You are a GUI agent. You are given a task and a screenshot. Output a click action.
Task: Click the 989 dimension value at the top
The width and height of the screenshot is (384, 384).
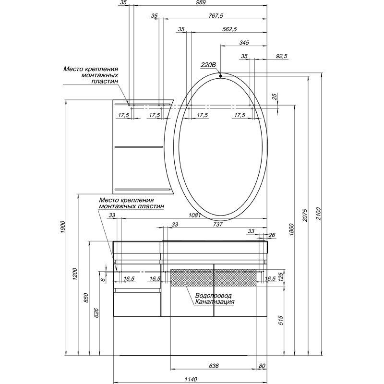(x=201, y=2)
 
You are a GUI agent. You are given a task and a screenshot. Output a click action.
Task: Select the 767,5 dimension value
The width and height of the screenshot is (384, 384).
(x=216, y=16)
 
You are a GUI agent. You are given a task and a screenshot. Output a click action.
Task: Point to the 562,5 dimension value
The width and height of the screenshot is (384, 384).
(x=229, y=29)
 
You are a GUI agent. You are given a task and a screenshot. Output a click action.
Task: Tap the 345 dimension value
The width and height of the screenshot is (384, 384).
(x=244, y=43)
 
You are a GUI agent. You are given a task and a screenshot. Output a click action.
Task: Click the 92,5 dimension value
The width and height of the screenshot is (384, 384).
(x=282, y=56)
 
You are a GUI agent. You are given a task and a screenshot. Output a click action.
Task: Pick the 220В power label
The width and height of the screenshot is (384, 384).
(x=208, y=65)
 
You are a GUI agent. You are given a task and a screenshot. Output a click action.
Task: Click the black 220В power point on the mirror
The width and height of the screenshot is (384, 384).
(x=220, y=76)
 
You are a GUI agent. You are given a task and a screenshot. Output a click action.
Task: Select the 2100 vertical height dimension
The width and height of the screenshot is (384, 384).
(x=318, y=214)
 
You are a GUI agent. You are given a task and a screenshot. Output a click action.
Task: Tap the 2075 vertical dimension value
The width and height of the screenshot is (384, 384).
(x=305, y=215)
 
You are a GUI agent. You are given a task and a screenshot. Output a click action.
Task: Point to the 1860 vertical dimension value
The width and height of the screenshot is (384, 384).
(x=291, y=229)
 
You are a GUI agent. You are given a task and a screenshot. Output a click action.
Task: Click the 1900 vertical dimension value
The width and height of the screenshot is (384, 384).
(x=63, y=227)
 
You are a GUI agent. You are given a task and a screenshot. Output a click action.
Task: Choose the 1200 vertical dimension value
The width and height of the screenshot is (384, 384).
(x=75, y=274)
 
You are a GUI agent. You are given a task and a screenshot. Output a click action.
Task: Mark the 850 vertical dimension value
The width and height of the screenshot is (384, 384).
(x=86, y=298)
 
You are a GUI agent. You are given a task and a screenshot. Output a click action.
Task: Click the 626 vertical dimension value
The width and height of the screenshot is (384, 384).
(x=96, y=313)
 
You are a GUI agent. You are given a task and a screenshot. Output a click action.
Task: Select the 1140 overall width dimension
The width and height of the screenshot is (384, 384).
(x=191, y=379)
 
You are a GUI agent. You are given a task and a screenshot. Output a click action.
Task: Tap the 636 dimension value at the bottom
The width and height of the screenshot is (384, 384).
(x=214, y=366)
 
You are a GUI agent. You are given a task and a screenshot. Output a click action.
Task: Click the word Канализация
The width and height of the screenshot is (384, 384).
(x=215, y=302)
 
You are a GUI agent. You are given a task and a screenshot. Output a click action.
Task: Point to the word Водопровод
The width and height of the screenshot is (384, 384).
(x=213, y=296)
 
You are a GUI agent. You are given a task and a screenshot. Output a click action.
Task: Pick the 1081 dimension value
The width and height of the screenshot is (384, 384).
(x=195, y=215)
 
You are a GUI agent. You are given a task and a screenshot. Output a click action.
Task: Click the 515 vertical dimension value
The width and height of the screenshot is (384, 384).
(x=281, y=320)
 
